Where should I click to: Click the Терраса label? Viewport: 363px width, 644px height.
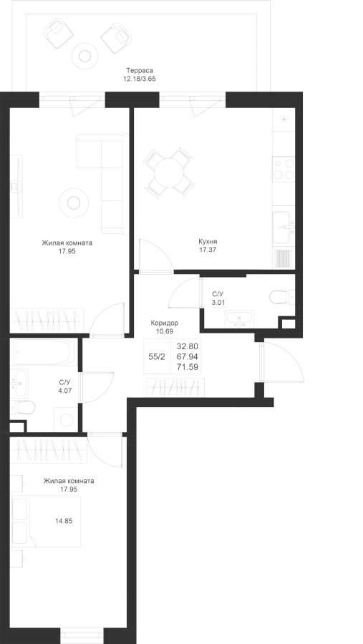point(140,71)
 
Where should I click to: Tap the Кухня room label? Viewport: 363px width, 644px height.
point(208,242)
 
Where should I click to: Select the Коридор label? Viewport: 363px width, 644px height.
point(165,323)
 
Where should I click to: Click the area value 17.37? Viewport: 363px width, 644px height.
point(208,250)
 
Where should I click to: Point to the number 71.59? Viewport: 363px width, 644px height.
point(188,367)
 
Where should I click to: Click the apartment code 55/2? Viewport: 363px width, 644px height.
point(157,356)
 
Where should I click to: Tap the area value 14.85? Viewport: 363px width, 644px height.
point(64,521)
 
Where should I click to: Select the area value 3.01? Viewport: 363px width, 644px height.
point(218,302)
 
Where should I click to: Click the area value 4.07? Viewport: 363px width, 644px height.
point(65,391)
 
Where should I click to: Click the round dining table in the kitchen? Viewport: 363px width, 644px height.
point(168,172)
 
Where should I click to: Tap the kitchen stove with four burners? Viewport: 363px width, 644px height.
point(284,169)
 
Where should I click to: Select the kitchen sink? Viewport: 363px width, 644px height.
point(284,227)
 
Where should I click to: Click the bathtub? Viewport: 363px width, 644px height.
point(44,352)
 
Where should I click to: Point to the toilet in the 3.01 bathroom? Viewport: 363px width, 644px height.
point(282,296)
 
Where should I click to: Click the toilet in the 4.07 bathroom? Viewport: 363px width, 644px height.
point(23,407)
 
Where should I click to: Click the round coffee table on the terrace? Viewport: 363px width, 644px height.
point(85,54)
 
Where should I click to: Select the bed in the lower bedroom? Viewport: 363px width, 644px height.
point(46,521)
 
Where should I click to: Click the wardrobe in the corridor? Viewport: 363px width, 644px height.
point(175,387)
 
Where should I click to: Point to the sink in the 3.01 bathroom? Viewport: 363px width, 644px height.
point(239,318)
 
